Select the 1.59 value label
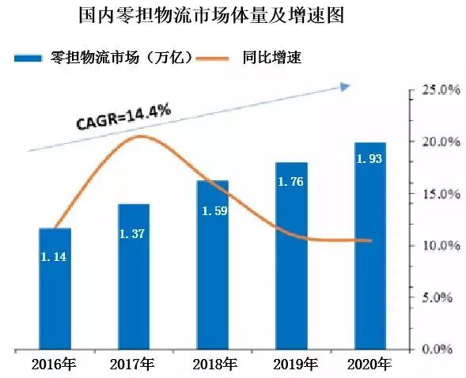(x=213, y=210)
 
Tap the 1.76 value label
(x=291, y=182)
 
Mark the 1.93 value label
(x=369, y=161)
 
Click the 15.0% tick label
(x=438, y=194)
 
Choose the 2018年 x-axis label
(x=214, y=365)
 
